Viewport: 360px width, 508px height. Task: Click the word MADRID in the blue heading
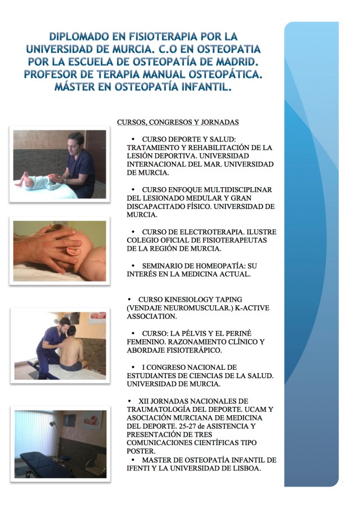[238, 62]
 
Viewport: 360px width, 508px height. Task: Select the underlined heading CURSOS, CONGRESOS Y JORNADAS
[178, 122]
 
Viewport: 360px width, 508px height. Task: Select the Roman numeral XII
[143, 401]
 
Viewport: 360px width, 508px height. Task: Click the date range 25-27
[191, 426]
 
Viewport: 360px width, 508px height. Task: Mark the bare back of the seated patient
[71, 351]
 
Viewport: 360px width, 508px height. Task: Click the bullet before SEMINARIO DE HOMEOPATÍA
[133, 266]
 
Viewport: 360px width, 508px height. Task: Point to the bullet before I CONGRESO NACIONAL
[133, 367]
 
